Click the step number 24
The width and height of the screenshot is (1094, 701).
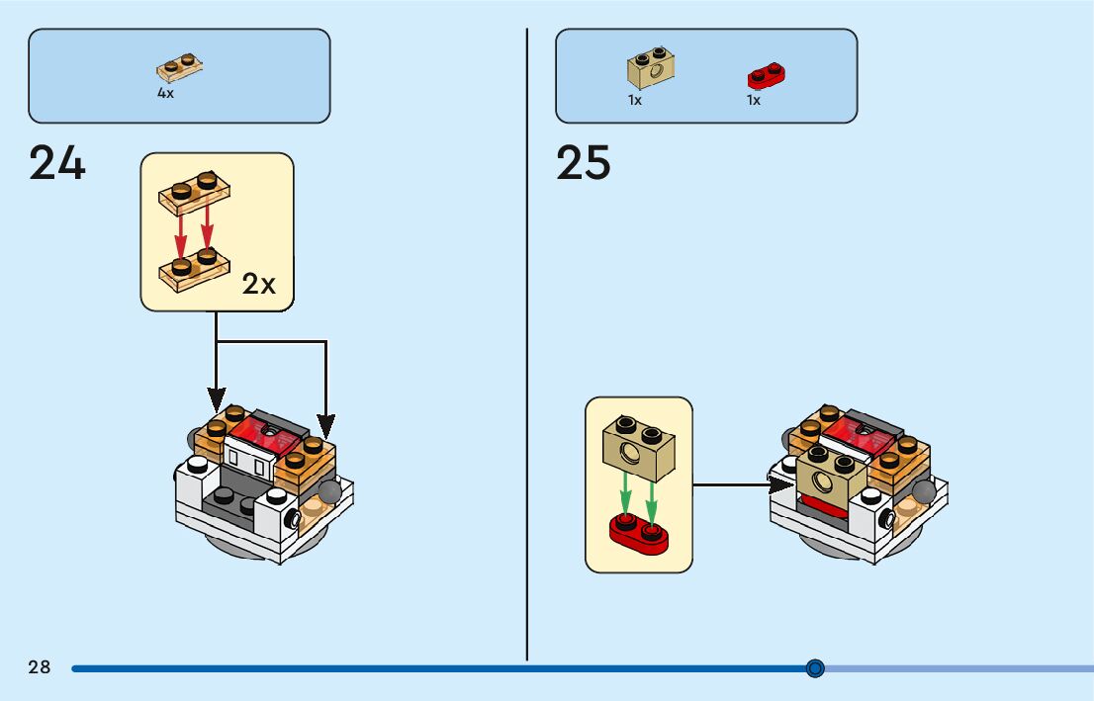[x=57, y=163]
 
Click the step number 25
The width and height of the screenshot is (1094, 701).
[x=584, y=163]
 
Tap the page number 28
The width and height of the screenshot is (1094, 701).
[x=40, y=667]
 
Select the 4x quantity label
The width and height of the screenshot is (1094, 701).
[x=165, y=93]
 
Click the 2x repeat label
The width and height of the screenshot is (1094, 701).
[x=259, y=285]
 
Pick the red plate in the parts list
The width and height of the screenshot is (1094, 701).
[x=768, y=74]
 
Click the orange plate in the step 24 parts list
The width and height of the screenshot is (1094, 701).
[x=180, y=67]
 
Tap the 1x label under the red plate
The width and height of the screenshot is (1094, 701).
[x=754, y=100]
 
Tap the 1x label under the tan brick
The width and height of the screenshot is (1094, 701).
[x=635, y=100]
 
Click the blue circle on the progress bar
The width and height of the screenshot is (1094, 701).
[x=815, y=668]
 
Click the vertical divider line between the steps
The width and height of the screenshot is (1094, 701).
[x=527, y=346]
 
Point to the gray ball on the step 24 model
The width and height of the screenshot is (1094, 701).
[x=328, y=493]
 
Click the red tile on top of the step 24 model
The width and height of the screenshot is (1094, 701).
[x=263, y=430]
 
